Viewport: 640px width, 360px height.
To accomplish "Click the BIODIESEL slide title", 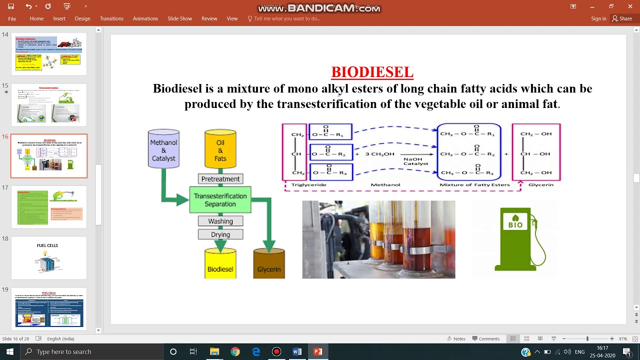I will click(x=372, y=72).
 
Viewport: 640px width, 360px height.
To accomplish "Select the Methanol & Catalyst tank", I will click(x=163, y=149).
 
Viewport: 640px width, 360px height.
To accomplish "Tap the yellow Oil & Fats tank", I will click(x=220, y=149).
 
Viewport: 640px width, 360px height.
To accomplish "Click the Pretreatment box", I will click(x=220, y=179).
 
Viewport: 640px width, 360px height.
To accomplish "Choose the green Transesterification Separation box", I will click(x=220, y=200).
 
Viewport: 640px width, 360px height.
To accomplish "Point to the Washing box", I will click(x=220, y=221).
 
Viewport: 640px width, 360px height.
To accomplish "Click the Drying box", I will click(x=220, y=234).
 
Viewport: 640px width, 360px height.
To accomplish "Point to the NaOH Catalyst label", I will click(x=415, y=161).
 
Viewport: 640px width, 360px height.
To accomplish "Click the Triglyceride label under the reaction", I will click(x=308, y=185).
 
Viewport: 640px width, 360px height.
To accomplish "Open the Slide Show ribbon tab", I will click(x=179, y=18).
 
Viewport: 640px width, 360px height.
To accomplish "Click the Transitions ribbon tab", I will click(x=111, y=18).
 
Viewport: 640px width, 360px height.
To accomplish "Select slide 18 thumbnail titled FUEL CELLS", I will click(x=49, y=258).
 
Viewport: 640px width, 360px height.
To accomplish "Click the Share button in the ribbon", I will click(x=622, y=18).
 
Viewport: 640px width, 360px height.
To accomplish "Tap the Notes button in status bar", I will click(x=456, y=338).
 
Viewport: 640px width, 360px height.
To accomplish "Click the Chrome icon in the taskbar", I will click(x=235, y=351).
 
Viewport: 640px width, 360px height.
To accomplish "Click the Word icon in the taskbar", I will click(x=297, y=351).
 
